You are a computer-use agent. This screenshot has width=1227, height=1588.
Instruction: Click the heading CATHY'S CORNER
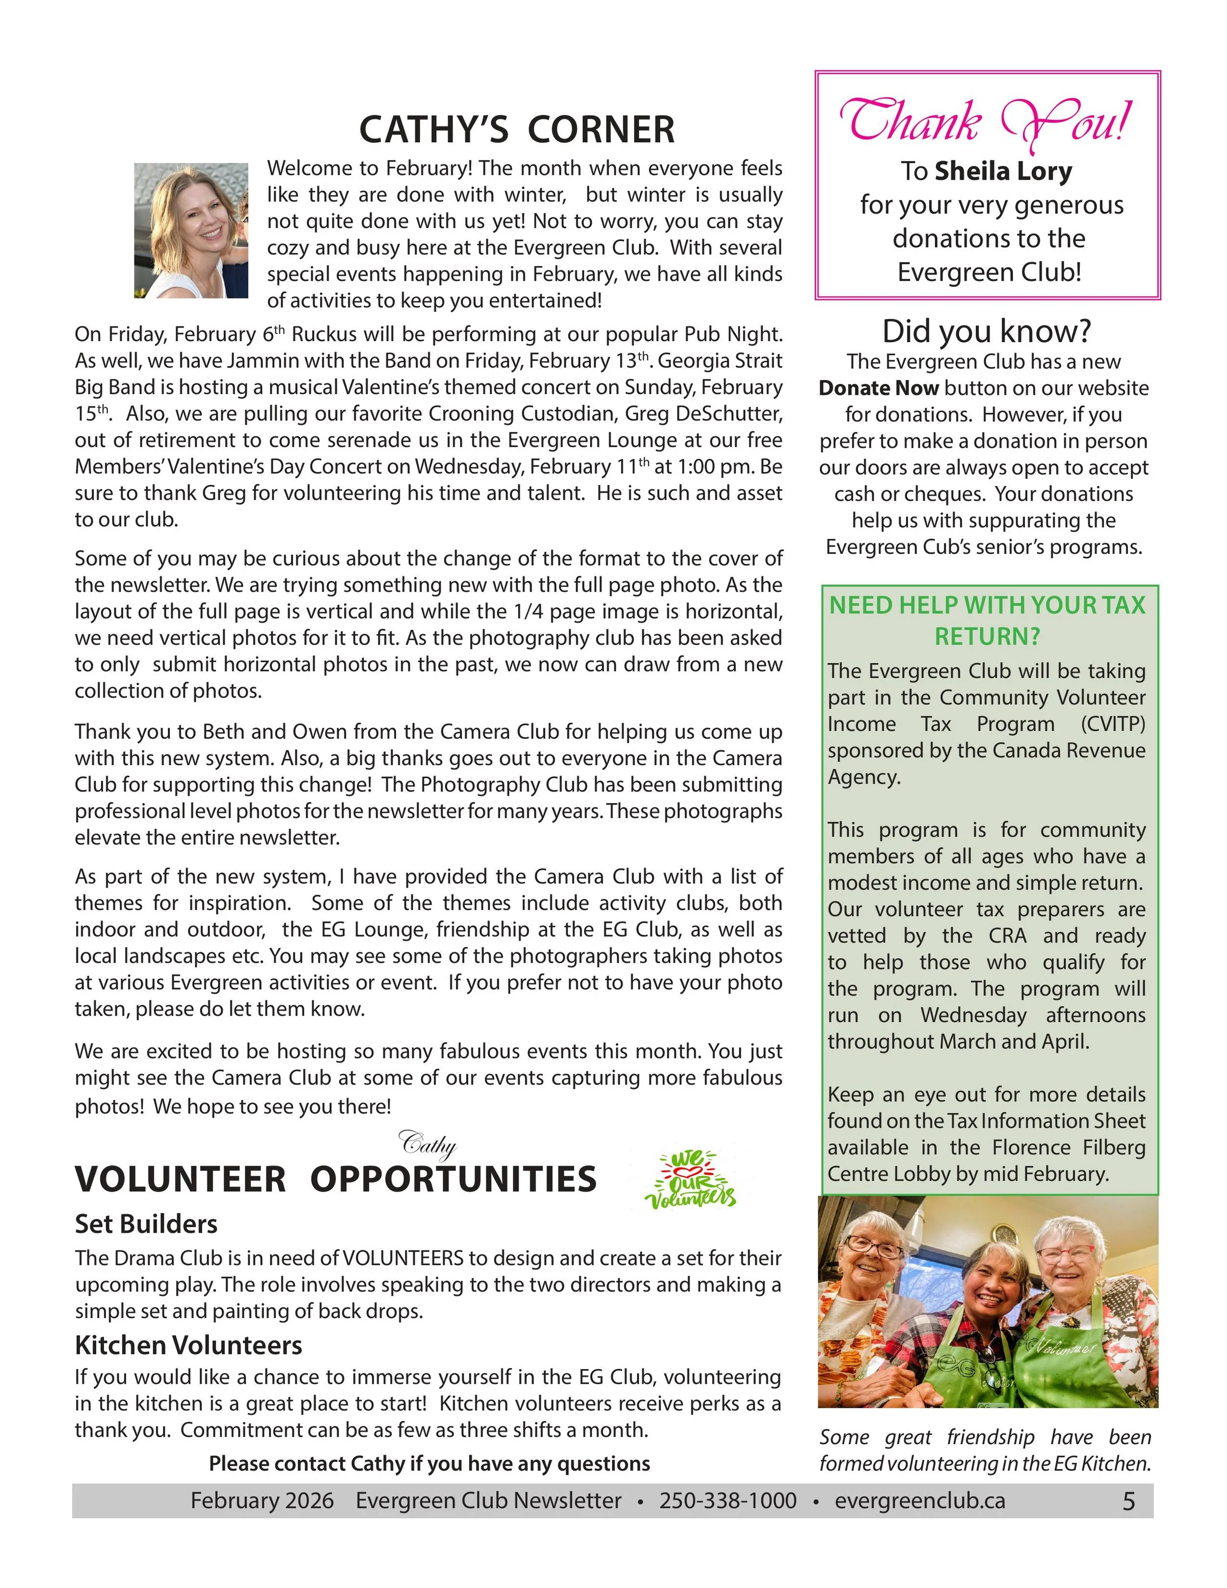pos(517,130)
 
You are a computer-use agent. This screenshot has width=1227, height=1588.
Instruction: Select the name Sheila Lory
pos(1003,172)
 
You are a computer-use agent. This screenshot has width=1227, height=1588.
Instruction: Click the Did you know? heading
pos(987,331)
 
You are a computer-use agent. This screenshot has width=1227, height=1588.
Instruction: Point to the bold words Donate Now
pos(878,388)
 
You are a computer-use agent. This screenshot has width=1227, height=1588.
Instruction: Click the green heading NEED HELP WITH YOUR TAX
pos(987,605)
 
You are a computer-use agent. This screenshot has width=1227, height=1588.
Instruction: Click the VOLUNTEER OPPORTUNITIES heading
pos(335,1180)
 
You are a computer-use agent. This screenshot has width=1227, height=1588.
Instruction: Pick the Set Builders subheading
pos(146,1224)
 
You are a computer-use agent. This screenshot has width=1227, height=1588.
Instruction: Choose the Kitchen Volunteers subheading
pos(188,1345)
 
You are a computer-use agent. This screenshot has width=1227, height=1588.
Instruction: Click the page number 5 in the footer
pos(1128,1501)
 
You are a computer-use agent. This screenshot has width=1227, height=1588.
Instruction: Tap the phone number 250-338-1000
pos(728,1501)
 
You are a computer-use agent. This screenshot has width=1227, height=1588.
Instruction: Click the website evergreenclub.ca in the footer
pos(920,1501)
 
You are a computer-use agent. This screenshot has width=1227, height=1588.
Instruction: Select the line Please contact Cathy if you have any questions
pos(429,1463)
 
